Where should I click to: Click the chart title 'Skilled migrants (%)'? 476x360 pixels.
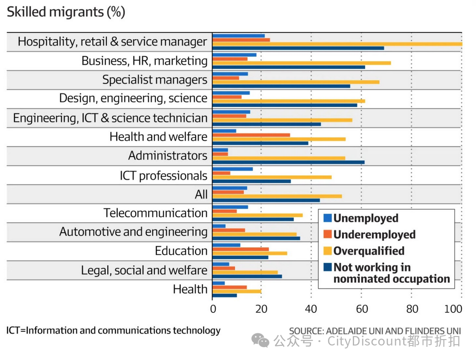(x=66, y=12)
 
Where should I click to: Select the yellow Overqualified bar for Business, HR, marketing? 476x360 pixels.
(x=301, y=63)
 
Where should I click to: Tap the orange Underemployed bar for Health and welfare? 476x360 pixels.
(x=251, y=135)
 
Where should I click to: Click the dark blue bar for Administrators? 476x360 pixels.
(x=288, y=162)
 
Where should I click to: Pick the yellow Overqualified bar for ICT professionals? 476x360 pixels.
(x=271, y=177)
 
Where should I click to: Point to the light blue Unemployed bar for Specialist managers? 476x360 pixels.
(x=230, y=74)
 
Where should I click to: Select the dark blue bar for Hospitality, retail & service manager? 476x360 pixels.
(x=298, y=48)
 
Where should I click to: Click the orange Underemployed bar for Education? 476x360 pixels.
(x=240, y=249)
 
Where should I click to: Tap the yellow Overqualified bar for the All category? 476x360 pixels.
(x=277, y=196)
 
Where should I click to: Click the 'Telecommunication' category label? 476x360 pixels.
(x=155, y=213)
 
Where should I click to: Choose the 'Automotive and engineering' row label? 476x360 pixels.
(x=133, y=232)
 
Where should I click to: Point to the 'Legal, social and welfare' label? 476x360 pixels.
(x=144, y=270)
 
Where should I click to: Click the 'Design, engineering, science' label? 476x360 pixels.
(x=133, y=99)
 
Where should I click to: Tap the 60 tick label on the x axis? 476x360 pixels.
(x=362, y=309)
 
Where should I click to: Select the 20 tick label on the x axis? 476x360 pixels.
(x=262, y=309)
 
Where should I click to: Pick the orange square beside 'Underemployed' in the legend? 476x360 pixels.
(x=327, y=235)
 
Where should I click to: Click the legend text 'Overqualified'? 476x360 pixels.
(x=369, y=251)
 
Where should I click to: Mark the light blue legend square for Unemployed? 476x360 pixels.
(x=327, y=218)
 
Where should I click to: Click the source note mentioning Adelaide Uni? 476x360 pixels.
(x=375, y=331)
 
